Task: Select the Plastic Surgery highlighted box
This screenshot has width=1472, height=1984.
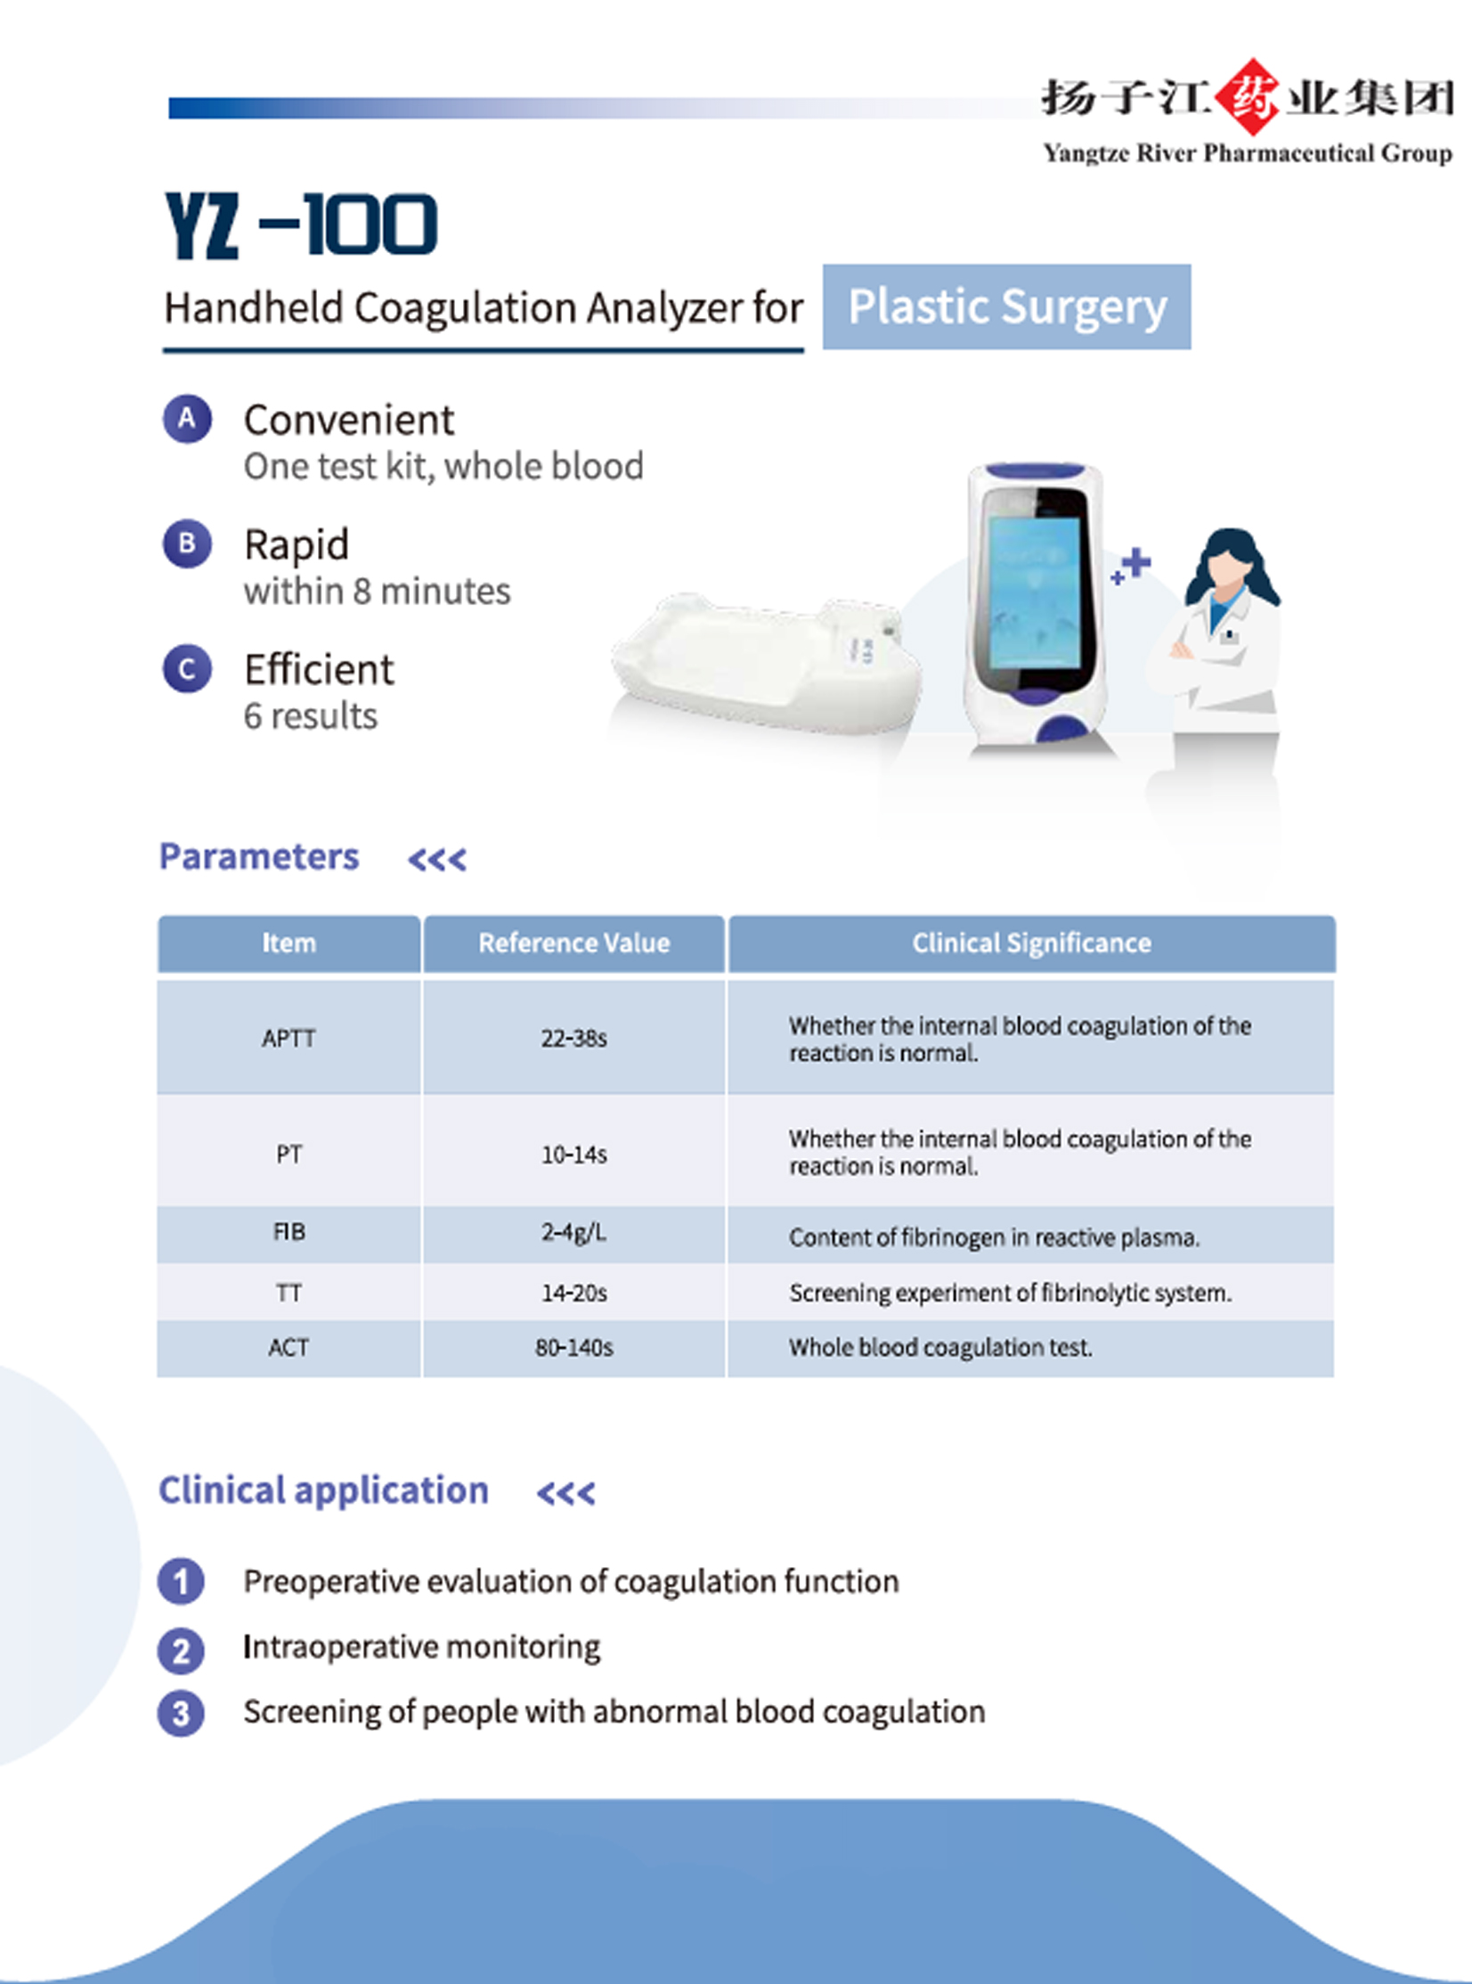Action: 1006,306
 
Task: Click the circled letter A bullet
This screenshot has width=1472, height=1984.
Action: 187,418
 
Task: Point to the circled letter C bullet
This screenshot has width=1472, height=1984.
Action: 187,668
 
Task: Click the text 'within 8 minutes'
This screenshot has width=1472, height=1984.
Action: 377,591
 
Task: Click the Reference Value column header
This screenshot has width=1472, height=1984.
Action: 573,943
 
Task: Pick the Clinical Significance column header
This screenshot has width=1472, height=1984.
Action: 1031,943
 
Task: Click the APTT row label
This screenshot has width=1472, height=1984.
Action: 289,1039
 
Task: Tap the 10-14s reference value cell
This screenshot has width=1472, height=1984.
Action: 573,1155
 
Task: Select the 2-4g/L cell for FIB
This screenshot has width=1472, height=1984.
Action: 573,1233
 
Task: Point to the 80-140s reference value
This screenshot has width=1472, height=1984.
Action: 573,1348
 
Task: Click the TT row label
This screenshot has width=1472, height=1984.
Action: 289,1293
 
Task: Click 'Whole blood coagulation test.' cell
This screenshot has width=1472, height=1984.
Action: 940,1348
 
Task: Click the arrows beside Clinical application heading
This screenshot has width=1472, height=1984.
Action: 565,1493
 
